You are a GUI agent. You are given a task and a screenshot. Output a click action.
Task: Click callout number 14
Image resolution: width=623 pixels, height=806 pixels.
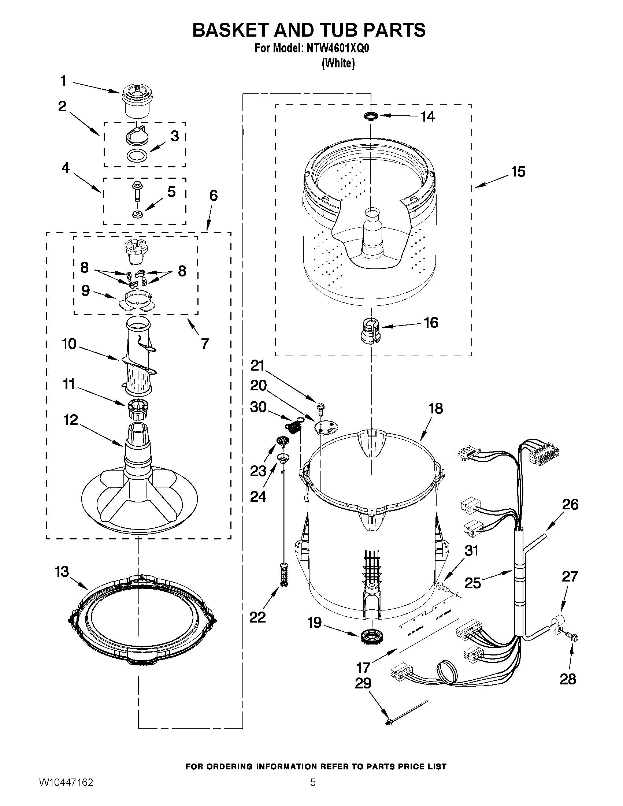tap(428, 116)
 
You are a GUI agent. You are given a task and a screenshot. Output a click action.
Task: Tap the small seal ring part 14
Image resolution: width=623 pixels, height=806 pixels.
tap(371, 116)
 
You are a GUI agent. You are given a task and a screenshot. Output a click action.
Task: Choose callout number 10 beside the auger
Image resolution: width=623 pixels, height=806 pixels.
tap(69, 344)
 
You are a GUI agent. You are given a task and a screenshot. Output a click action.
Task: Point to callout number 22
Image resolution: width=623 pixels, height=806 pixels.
tap(257, 617)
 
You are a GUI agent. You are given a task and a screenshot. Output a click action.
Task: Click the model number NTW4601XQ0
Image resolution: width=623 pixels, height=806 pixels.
tap(337, 49)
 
